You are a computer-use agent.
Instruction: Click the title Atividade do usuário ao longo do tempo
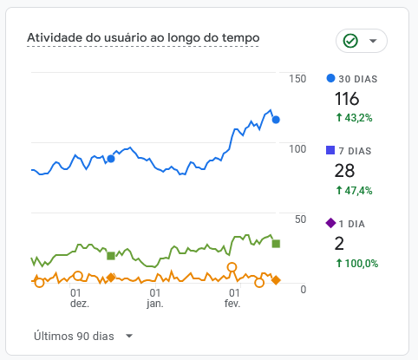[x=143, y=38]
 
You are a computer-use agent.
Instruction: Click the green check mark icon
[x=350, y=41]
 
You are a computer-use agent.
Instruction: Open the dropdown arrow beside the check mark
[x=373, y=41]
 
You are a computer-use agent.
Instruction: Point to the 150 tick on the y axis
[x=297, y=79]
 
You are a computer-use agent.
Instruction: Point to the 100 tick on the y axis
[x=297, y=149]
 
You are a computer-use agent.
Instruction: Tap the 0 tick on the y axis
[x=303, y=289]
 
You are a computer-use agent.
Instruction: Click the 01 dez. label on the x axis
[x=79, y=298]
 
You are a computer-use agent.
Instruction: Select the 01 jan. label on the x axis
[x=154, y=298]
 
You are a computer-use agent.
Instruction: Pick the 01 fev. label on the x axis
[x=232, y=298]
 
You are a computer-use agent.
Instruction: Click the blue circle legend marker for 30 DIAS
[x=330, y=79]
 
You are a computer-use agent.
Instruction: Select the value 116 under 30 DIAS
[x=346, y=99]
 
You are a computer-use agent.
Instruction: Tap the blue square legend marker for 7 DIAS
[x=330, y=151]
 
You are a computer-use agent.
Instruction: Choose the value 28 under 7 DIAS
[x=344, y=171]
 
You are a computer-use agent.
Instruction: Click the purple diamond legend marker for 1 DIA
[x=330, y=224]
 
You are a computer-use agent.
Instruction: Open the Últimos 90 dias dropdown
[x=83, y=336]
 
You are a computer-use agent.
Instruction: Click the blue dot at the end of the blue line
[x=276, y=120]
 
